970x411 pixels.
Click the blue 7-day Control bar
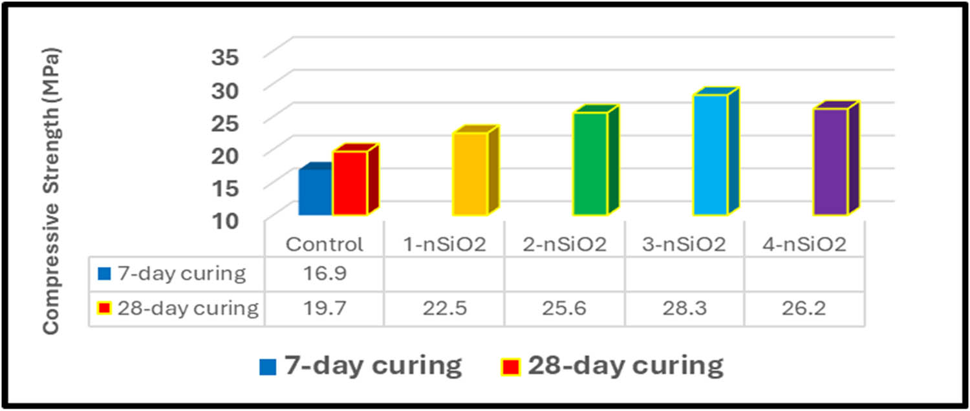(315, 192)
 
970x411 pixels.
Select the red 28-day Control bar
(350, 183)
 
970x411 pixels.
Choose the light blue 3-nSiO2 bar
(710, 154)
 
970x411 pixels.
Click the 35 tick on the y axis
(225, 57)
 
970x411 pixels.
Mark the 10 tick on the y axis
(225, 220)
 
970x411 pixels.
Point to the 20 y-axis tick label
(225, 154)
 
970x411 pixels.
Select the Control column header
(325, 245)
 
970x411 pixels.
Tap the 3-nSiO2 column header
(684, 245)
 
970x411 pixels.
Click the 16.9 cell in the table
(325, 273)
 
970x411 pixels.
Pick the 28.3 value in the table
(684, 308)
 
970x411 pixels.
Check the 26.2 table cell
(804, 308)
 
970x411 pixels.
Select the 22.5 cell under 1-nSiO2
(444, 308)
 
